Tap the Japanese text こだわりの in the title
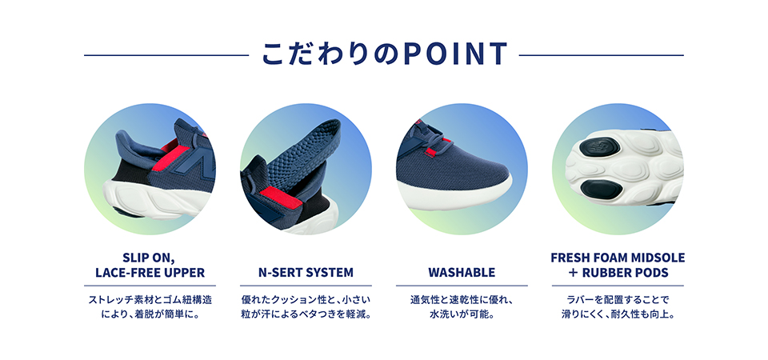point(328,54)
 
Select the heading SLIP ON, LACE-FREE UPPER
point(150,266)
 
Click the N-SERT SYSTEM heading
point(305,273)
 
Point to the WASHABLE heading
point(462,273)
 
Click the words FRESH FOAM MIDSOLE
point(618,258)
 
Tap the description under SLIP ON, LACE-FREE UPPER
point(150,307)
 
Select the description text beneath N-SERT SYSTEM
point(305,307)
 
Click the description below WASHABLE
point(462,307)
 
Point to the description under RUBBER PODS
point(618,307)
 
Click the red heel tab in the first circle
point(170,146)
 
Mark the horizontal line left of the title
point(166,55)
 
